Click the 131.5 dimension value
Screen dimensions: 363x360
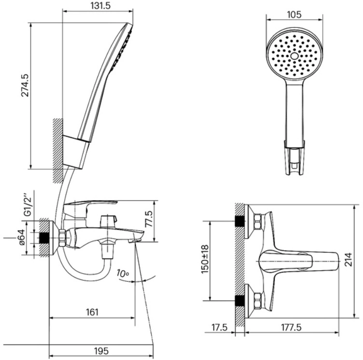tap(100, 6)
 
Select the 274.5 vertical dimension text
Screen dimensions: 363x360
tap(25, 85)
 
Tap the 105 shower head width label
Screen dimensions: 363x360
tap(294, 14)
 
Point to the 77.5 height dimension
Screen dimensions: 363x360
tap(150, 219)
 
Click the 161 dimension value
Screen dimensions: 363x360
tap(92, 312)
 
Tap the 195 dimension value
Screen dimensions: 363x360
tap(101, 351)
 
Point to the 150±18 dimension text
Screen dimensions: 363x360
tap(205, 259)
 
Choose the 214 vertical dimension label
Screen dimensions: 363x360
tap(348, 259)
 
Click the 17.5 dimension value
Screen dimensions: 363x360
tap(220, 327)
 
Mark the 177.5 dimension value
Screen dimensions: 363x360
tap(291, 327)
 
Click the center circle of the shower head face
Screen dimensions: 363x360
tap(294, 56)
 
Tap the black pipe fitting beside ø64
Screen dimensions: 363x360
tap(44, 238)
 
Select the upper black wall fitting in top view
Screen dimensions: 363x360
tap(240, 221)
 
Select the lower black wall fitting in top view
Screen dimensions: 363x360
tap(240, 301)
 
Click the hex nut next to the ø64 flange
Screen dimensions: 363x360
tap(62, 238)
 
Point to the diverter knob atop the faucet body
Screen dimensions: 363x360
tap(108, 221)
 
